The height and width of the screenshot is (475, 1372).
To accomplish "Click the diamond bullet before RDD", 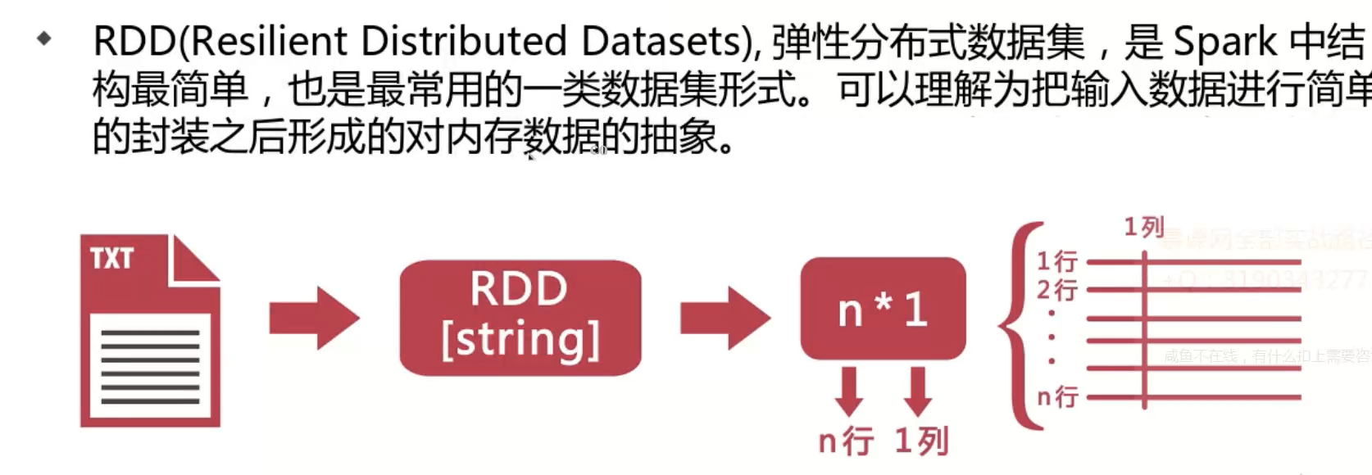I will tap(44, 38).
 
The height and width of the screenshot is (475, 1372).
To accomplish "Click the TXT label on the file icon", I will tap(111, 259).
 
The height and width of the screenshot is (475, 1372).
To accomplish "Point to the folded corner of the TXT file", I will tap(193, 260).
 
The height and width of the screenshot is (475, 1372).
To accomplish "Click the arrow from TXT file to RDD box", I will tap(314, 318).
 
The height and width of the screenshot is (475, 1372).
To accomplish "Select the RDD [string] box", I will tap(520, 317).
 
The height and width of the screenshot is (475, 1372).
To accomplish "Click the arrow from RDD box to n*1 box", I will tap(725, 318).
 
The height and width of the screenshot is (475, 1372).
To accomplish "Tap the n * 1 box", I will tap(883, 309).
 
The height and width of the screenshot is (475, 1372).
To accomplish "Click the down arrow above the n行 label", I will tap(849, 391).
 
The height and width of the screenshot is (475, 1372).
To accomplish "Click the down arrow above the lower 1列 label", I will tap(918, 391).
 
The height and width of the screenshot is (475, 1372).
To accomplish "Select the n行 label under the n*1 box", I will tap(846, 441).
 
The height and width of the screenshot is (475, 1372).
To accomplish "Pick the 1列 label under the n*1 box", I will tap(921, 441).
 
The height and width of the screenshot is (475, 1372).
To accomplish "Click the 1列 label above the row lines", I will tap(1143, 227).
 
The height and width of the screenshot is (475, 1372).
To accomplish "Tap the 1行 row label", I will tap(1056, 261).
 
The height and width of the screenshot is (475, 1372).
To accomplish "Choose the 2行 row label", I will tap(1056, 290).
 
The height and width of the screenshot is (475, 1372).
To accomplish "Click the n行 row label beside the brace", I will tap(1056, 397).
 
